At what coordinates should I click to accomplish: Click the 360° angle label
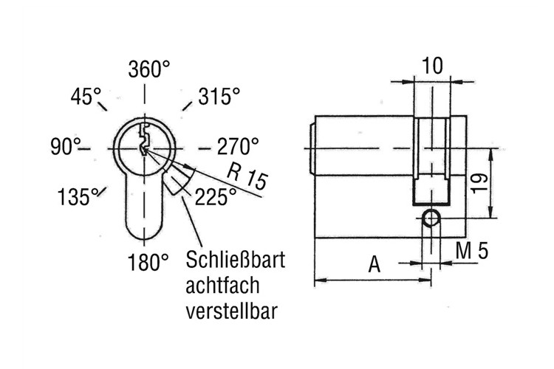pos(148,69)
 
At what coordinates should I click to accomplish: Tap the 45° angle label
pos(86,97)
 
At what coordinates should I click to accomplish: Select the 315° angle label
pos(219,96)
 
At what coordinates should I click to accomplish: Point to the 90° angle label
pos(66,146)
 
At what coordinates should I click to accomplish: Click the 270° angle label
pos(238,146)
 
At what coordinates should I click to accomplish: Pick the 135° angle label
pos(78,197)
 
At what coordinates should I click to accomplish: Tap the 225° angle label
pos(216,197)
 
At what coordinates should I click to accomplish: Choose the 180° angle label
pos(148,262)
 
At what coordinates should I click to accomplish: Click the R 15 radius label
pos(247,176)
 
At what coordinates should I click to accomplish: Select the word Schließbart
pos(236,260)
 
